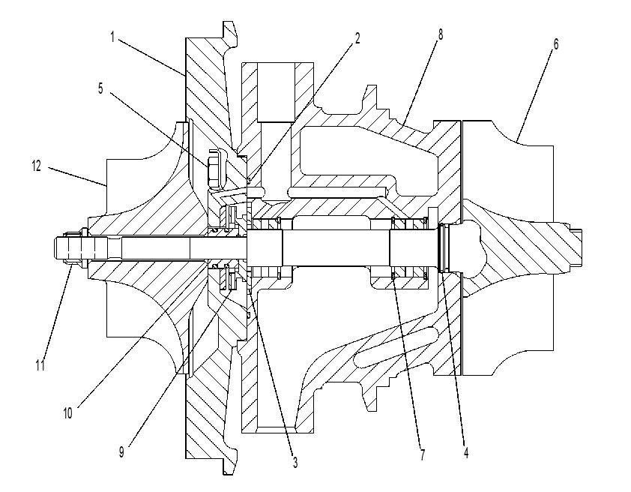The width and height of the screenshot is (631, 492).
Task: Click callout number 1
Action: [x=112, y=37]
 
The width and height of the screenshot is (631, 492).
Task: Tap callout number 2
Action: [x=357, y=38]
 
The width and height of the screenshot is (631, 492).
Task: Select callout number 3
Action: [x=295, y=463]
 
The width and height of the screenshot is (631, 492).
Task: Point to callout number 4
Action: [x=466, y=452]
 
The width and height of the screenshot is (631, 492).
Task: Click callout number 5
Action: [x=100, y=88]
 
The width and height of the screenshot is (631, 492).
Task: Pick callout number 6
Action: [x=556, y=44]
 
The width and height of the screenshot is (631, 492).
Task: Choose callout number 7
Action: [x=422, y=455]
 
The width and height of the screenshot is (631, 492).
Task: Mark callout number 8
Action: [x=441, y=34]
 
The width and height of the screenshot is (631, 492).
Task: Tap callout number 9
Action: [x=121, y=452]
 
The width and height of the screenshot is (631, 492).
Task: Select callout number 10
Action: [x=67, y=413]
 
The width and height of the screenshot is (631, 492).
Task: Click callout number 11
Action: [x=40, y=365]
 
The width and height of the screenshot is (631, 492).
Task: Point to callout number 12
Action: [x=37, y=166]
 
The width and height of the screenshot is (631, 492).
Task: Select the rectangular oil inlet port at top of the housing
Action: [x=276, y=92]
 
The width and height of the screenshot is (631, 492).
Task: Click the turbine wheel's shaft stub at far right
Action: [x=576, y=247]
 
